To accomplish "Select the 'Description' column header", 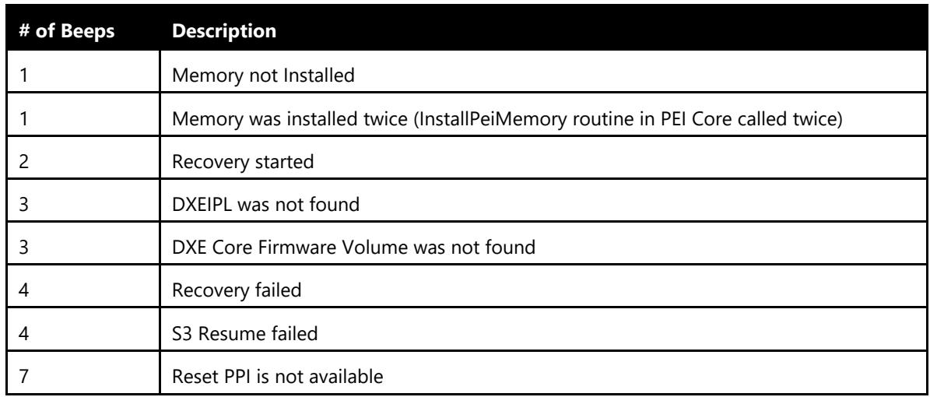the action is [x=224, y=31].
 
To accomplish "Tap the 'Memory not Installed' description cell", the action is [x=263, y=76].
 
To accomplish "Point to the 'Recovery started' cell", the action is [x=243, y=161].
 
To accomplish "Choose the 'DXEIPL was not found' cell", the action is [x=265, y=204].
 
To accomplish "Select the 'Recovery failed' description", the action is [x=237, y=290].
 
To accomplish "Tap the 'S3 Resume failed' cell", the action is [x=244, y=333].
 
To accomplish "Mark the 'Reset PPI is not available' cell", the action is [x=278, y=376].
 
